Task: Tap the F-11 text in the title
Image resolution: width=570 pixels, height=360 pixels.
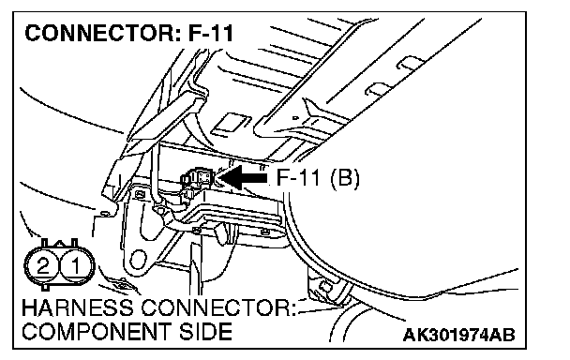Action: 211,33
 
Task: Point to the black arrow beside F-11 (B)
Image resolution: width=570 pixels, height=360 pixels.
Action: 243,177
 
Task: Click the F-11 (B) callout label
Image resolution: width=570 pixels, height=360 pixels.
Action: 318,178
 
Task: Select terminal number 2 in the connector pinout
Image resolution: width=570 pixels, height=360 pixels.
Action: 43,266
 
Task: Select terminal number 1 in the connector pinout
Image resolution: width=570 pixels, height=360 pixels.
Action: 76,266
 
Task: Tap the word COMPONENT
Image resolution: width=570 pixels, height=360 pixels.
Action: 97,331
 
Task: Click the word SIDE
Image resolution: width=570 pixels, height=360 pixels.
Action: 205,331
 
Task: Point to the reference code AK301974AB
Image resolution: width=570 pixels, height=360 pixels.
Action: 458,335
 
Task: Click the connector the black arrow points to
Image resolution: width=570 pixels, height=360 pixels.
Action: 198,178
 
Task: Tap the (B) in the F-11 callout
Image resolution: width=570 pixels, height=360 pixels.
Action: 344,178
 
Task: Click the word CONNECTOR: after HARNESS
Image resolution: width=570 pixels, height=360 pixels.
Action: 218,308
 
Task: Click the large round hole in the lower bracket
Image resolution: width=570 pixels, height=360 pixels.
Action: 137,260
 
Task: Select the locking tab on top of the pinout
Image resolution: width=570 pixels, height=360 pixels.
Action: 59,243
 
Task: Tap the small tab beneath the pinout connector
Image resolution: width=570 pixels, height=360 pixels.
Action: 45,287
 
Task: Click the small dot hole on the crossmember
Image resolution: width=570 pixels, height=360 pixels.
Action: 295,118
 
